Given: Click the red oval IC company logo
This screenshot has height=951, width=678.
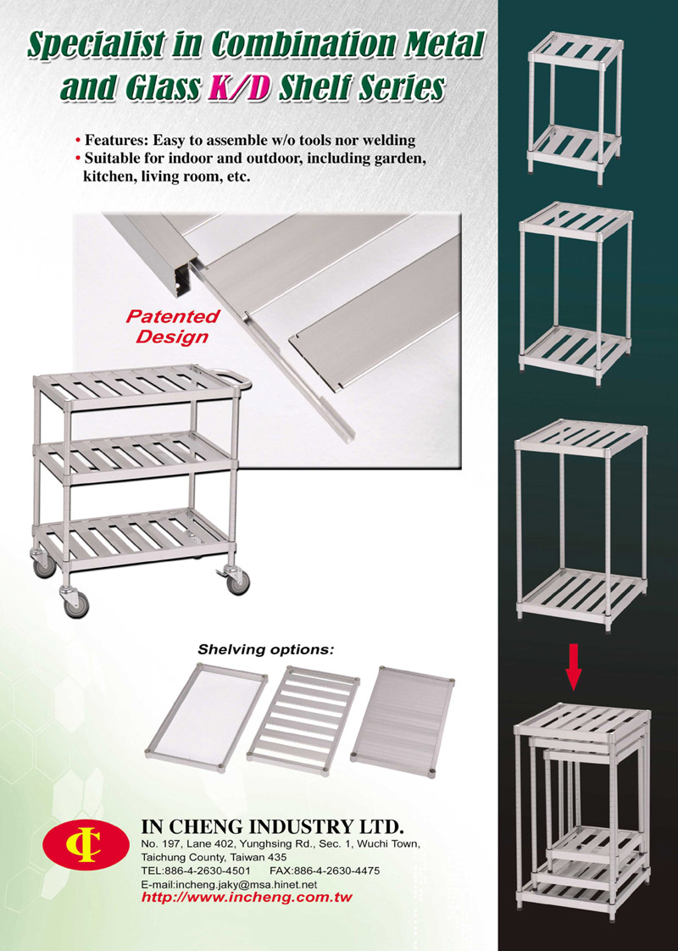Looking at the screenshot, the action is [x=86, y=845].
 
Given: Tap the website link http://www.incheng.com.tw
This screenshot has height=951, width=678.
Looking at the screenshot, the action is [x=247, y=898].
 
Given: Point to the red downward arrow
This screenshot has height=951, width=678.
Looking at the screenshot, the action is [x=573, y=667].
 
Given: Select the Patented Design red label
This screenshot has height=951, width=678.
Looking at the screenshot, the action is [x=172, y=326].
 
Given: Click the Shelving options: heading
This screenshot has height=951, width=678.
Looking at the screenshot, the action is [x=265, y=649].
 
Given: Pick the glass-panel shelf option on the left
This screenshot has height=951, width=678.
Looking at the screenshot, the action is [x=206, y=718].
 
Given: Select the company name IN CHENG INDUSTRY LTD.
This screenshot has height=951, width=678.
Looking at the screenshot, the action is [x=272, y=826].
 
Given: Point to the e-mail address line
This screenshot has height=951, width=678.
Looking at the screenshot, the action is [x=229, y=884].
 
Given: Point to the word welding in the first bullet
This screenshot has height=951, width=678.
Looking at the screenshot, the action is [x=389, y=140].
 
